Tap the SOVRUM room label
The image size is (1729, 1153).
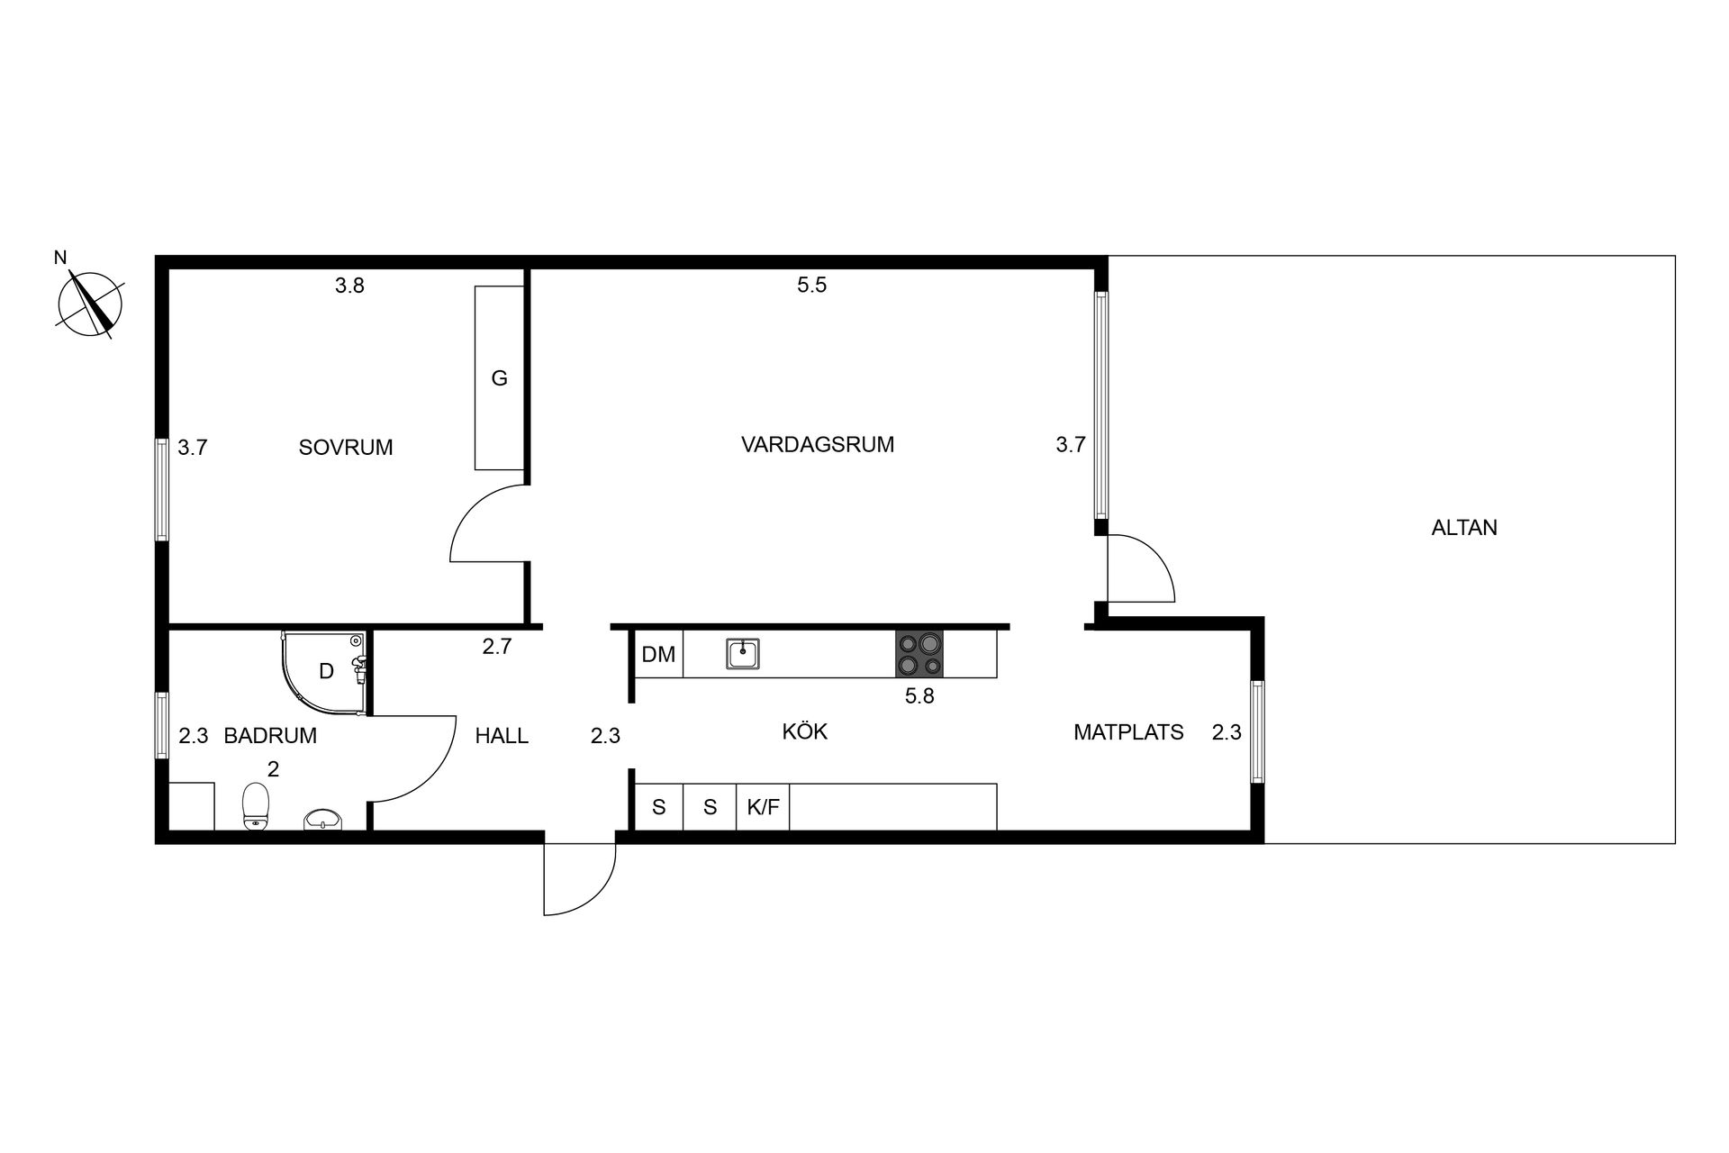click(x=346, y=448)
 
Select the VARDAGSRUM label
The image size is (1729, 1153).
click(x=818, y=444)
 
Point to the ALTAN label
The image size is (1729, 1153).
click(x=1464, y=528)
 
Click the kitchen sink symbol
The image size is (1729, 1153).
click(x=743, y=654)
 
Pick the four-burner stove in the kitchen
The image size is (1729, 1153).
click(x=919, y=654)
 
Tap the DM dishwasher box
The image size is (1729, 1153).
click(x=659, y=654)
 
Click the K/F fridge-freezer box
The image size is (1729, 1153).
click(x=764, y=807)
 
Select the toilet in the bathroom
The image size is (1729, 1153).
click(x=257, y=806)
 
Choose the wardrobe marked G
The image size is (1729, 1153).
click(x=500, y=378)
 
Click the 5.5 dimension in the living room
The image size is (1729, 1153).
click(x=811, y=286)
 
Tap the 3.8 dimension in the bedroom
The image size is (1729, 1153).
click(x=349, y=286)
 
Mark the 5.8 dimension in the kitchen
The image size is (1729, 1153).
click(x=919, y=695)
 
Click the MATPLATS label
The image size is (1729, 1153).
click(x=1128, y=732)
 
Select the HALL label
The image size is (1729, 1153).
click(x=502, y=736)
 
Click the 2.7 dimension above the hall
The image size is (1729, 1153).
click(x=497, y=646)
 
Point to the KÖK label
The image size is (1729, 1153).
click(x=805, y=731)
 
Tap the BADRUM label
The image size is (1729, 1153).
click(x=270, y=736)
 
